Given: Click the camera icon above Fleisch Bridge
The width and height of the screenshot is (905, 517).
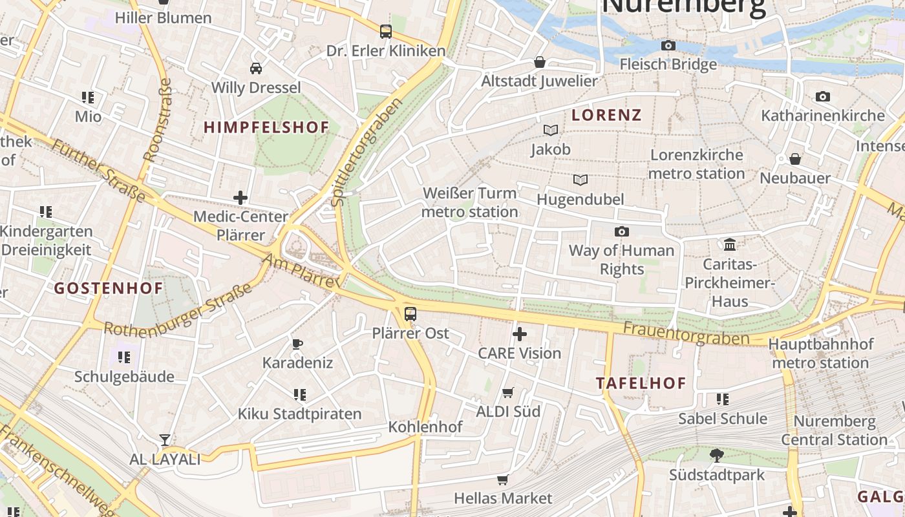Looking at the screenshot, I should click(x=668, y=45).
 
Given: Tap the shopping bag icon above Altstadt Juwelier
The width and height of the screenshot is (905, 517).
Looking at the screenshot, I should click(x=539, y=62).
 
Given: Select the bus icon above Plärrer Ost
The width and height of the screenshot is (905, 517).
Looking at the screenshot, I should click(x=410, y=314).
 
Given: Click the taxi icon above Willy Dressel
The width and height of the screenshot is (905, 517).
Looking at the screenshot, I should click(x=256, y=68).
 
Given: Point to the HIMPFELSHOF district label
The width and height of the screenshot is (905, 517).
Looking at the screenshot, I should click(x=266, y=127).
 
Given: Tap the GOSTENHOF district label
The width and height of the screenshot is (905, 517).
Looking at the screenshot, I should click(x=109, y=288).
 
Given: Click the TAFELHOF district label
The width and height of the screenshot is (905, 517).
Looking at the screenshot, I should click(x=641, y=383).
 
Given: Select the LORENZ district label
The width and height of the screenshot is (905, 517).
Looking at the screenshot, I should click(x=606, y=115).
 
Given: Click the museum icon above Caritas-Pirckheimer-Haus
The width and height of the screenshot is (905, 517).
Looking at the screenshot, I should click(x=730, y=244).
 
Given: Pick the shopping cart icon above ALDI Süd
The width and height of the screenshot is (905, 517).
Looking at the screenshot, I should click(x=508, y=392).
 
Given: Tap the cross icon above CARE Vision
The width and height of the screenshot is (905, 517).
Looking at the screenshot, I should click(x=519, y=334).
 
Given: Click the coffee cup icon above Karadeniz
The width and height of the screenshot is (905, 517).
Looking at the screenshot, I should click(x=297, y=343).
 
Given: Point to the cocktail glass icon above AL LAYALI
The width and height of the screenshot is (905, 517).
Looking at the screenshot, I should click(x=165, y=440).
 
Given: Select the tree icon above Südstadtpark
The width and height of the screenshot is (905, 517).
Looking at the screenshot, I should click(x=716, y=456).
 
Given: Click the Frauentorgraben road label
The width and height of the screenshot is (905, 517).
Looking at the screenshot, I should click(x=686, y=333).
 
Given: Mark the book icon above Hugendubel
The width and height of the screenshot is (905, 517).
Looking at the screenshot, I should click(x=580, y=180).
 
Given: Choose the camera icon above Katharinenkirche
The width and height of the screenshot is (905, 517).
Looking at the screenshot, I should click(x=822, y=96).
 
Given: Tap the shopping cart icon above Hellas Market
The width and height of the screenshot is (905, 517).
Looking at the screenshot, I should click(x=502, y=480).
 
